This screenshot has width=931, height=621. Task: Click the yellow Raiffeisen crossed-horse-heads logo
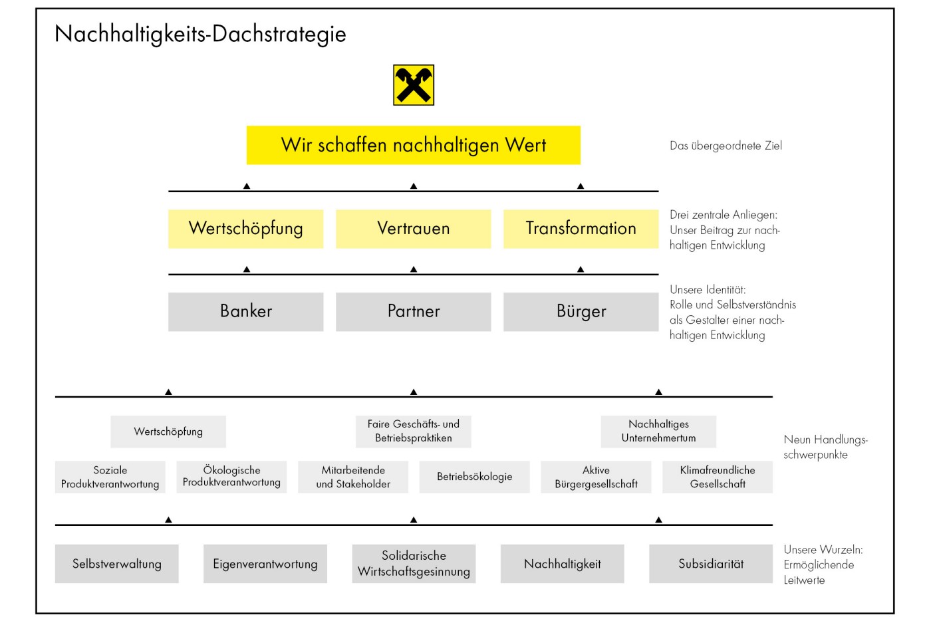click(414, 85)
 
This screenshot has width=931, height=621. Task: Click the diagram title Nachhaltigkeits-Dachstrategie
click(200, 34)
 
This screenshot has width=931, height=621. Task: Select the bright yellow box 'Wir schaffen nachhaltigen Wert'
click(414, 145)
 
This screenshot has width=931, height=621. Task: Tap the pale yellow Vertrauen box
click(414, 229)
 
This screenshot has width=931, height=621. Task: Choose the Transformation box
click(581, 229)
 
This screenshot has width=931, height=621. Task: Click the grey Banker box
click(246, 312)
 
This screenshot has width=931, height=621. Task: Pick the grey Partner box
click(414, 312)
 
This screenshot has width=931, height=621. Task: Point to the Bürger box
click(581, 312)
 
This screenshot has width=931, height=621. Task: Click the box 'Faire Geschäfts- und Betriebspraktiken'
click(414, 432)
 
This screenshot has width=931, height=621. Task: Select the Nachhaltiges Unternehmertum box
click(659, 432)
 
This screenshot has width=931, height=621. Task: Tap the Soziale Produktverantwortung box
click(110, 477)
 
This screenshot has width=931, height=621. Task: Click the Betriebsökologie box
click(475, 477)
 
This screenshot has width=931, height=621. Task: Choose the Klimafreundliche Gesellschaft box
click(718, 477)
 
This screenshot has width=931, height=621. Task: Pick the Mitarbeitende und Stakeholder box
click(353, 477)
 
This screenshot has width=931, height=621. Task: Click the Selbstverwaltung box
click(117, 564)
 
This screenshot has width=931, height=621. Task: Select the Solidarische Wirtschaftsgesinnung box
click(414, 564)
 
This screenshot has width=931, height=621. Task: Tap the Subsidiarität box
click(711, 564)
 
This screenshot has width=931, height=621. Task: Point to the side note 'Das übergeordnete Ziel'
click(726, 146)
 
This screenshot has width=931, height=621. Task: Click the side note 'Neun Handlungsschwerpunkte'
click(825, 447)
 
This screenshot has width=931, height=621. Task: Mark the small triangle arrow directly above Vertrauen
click(414, 186)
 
